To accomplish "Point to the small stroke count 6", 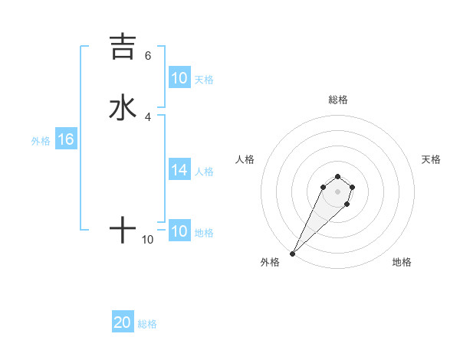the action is (148, 56).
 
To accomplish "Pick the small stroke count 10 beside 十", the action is (148, 240).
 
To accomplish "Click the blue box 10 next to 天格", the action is (179, 78).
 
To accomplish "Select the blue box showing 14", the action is (179, 170).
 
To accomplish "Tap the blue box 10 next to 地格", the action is (179, 231).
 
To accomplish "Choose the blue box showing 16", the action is (66, 139).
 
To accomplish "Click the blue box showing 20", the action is (123, 322).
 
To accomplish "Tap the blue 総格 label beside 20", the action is (147, 324).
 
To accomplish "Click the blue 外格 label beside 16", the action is (41, 141).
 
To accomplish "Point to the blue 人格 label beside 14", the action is (204, 172).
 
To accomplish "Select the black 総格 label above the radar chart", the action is (337, 100).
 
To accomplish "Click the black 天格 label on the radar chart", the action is (431, 159).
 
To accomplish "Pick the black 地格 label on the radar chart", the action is (402, 262).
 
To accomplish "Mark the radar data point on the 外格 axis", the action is (292, 254).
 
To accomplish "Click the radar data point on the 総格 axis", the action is (337, 175).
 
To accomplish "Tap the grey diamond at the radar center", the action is (337, 191).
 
